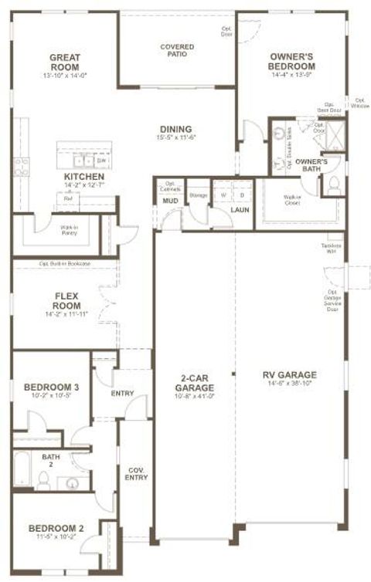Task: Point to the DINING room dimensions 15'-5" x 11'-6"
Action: pyautogui.click(x=175, y=137)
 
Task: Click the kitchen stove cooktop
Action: pyautogui.click(x=21, y=167)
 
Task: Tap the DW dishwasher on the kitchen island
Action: pyautogui.click(x=101, y=161)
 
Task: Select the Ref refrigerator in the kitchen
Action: pyautogui.click(x=68, y=198)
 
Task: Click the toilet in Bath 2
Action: pyautogui.click(x=44, y=482)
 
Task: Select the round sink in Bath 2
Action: pyautogui.click(x=72, y=484)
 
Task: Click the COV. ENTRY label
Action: pyautogui.click(x=136, y=473)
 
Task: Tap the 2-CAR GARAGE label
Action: pyautogui.click(x=194, y=384)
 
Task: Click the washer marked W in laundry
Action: pyautogui.click(x=223, y=195)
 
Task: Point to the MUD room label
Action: pyautogui.click(x=169, y=201)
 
